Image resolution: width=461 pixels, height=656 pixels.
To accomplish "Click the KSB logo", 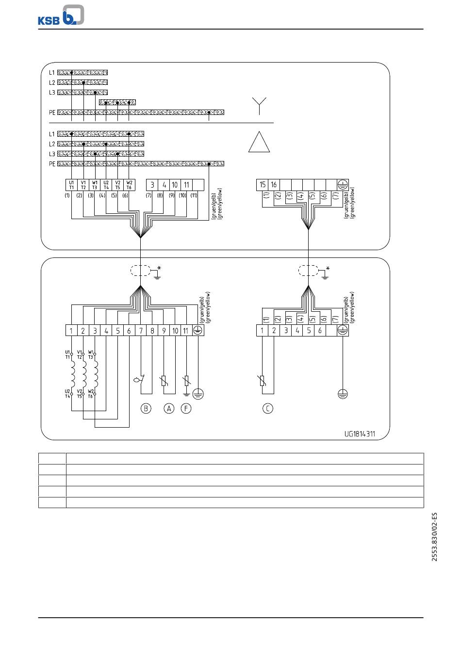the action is [61, 15].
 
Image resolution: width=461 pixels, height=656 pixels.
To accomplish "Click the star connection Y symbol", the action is [259, 106].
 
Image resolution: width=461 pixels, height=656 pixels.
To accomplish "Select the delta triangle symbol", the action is [259, 142].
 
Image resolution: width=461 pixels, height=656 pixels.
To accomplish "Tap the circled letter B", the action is [146, 408].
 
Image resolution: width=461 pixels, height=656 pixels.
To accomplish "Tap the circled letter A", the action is [169, 408].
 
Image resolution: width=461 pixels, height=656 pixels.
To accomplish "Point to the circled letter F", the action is [186, 408].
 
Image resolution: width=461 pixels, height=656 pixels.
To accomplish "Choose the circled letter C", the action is [267, 408].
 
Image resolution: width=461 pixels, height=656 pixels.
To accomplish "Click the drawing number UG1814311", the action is [360, 434].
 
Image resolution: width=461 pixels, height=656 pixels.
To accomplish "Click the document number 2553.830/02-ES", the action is [434, 537].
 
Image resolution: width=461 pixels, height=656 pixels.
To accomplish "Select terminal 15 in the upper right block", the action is [263, 185].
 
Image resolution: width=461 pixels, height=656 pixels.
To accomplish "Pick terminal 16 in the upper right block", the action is [274, 185].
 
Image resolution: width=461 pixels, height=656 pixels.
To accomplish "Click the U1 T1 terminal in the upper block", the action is [71, 185].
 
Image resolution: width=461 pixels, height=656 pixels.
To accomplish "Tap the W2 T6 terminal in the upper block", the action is [129, 185].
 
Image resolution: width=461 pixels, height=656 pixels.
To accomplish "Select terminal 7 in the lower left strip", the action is [141, 330].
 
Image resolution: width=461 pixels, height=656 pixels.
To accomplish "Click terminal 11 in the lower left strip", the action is [186, 330].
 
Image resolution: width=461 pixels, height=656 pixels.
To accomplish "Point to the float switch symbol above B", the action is [139, 380].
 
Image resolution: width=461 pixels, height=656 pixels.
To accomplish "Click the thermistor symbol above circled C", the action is [263, 381].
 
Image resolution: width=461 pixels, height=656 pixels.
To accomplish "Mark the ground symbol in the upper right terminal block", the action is [343, 185].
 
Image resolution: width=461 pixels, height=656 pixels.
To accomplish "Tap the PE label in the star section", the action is [52, 112].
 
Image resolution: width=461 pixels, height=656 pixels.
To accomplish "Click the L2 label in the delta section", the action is [52, 144].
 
